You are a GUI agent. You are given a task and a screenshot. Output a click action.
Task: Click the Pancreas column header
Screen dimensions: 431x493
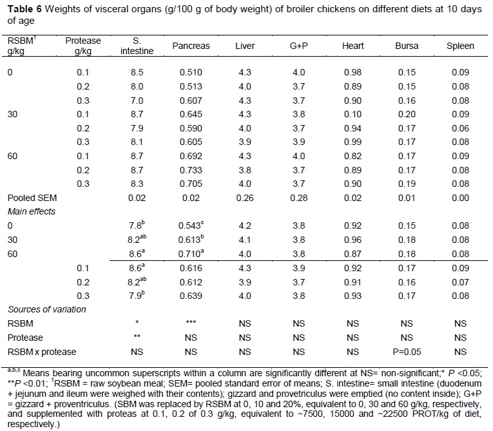coord(191,46)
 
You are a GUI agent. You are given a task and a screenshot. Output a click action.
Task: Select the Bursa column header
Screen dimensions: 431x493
coord(407,46)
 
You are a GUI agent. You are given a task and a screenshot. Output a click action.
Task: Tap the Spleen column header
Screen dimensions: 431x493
coord(460,46)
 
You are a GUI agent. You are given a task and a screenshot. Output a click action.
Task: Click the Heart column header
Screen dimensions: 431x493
coord(353,46)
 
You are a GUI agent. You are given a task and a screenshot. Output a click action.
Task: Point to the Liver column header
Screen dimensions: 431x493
coord(245,46)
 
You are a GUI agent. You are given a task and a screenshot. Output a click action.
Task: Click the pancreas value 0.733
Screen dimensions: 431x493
coord(191,170)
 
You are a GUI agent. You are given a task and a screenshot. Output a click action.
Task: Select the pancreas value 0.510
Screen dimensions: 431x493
coord(191,72)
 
